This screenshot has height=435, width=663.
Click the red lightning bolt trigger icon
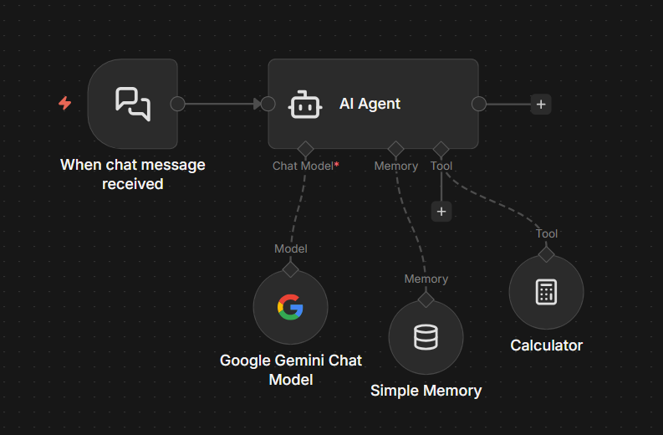coord(64,103)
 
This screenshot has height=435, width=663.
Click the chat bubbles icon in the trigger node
coord(133,103)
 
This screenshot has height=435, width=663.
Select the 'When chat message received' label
coord(132,174)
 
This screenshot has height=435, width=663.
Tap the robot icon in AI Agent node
coord(304,105)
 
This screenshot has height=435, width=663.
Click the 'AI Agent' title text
coord(370,104)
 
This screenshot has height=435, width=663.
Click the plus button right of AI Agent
coord(541,105)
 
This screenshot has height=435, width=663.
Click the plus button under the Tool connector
coord(441,212)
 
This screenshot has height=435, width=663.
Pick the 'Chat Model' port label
coord(302,166)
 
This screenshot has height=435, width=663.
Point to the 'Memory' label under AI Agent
coord(395,166)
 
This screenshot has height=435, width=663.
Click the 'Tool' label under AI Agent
coord(441,166)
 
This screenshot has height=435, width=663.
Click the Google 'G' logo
coord(290,308)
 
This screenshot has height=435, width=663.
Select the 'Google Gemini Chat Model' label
coord(290,370)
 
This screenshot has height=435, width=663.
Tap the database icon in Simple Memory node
coord(426,337)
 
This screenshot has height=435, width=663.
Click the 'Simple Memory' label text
coord(426,391)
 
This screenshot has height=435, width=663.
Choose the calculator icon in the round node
coord(546,292)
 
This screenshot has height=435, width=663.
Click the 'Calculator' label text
coord(546,345)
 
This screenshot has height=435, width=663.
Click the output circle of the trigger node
coord(177,104)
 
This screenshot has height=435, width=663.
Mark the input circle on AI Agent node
coord(268,104)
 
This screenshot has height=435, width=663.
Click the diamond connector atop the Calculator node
coord(546,254)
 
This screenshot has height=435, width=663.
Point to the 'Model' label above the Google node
coord(290,248)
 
